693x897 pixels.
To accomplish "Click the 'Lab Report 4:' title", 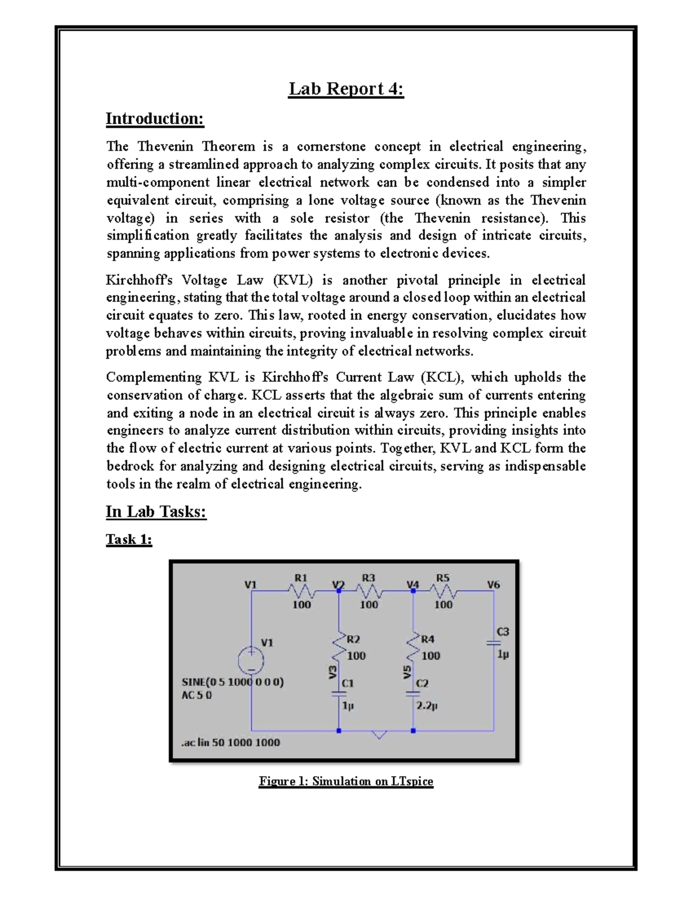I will [x=346, y=89].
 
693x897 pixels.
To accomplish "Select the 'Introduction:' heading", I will [x=155, y=119].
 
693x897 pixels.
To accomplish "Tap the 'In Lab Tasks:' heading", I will [x=156, y=512].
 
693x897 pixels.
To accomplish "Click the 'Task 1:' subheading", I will [x=129, y=539].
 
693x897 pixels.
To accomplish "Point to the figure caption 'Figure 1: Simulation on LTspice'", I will [x=346, y=781].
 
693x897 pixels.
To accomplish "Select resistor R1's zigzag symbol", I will [x=301, y=591].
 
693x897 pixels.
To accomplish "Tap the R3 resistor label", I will [x=368, y=578].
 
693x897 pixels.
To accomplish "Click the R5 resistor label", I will [x=443, y=578].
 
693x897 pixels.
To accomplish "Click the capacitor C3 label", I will [x=503, y=631].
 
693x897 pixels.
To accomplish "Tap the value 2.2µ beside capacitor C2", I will [x=427, y=706].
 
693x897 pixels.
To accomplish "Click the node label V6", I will [x=493, y=585].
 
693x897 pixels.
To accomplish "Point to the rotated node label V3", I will [x=332, y=672].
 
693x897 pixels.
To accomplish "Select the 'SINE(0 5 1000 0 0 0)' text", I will [x=233, y=682].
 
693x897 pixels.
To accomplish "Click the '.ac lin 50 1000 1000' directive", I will [x=230, y=743].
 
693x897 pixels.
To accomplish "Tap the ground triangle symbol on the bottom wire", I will [x=379, y=735].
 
